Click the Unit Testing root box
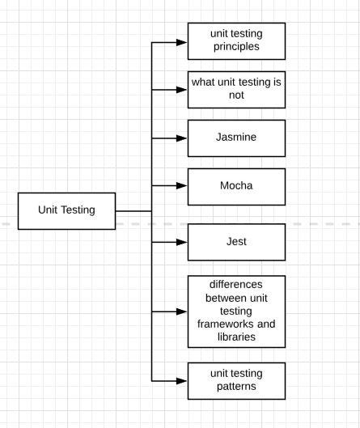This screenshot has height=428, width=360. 67,211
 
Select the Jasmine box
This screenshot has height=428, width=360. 237,138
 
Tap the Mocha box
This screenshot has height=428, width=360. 237,187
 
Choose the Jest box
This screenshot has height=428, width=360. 237,242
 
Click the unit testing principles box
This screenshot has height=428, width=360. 237,41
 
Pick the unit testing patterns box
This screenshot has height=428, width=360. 237,381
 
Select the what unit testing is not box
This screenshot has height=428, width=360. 237,90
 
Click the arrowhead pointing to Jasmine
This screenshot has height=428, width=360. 182,138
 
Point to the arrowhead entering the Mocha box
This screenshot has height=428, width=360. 182,185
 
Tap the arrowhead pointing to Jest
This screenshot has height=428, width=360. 182,242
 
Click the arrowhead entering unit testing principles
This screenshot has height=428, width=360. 182,42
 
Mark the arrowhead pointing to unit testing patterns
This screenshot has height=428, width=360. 182,381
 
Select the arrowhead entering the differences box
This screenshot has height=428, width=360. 182,311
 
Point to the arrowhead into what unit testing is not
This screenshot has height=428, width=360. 182,90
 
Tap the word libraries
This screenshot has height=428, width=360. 237,337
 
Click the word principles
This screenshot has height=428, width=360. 236,47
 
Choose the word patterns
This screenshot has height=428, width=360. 236,387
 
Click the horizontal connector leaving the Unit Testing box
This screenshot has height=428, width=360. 133,211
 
